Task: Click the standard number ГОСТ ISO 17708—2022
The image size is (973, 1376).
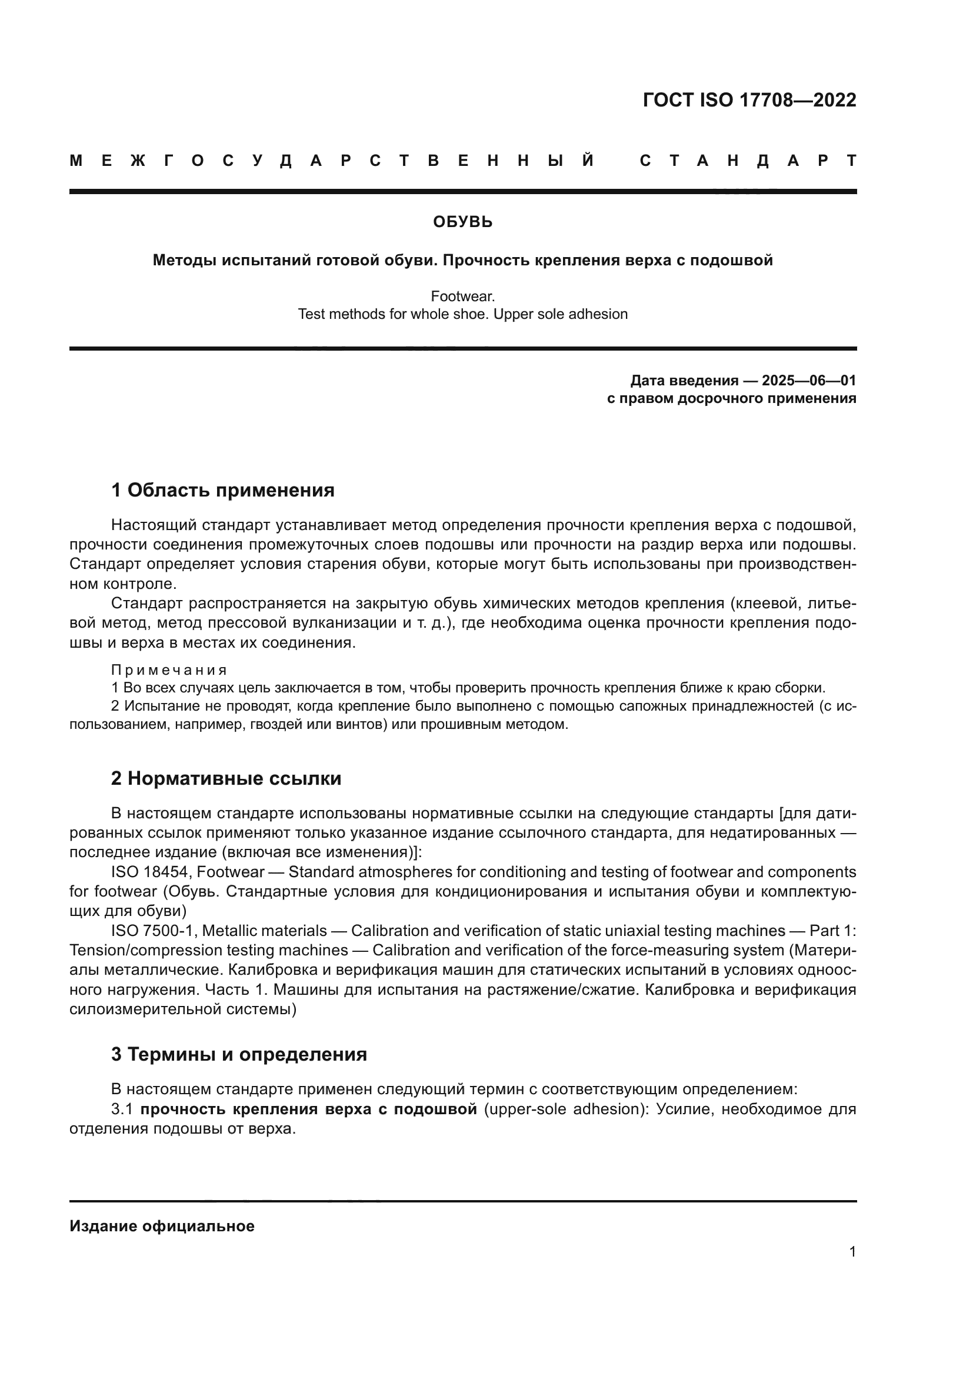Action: [749, 100]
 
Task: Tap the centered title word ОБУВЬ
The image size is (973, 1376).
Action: [462, 222]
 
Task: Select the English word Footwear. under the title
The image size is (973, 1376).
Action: [462, 296]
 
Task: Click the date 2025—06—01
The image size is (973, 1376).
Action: [808, 381]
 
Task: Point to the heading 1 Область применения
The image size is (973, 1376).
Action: [222, 490]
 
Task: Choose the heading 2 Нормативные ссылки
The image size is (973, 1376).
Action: [226, 778]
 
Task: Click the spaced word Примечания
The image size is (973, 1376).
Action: [169, 670]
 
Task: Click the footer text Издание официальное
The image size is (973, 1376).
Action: [162, 1226]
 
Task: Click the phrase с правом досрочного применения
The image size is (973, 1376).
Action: [731, 398]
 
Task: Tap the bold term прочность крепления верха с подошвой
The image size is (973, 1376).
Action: [309, 1110]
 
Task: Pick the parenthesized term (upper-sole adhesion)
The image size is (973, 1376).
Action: [563, 1110]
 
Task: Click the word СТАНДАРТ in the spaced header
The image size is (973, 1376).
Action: [748, 161]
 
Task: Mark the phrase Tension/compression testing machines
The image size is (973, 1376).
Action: [208, 951]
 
